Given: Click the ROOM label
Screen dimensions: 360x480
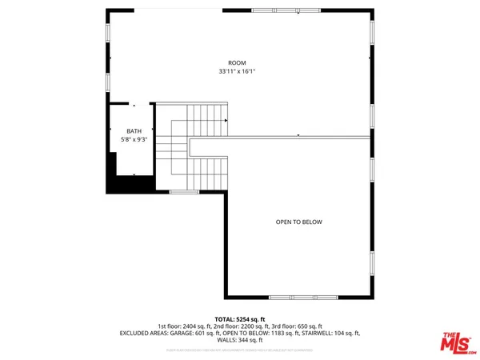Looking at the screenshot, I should coord(237,62).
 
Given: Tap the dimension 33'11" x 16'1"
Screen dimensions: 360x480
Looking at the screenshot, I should coord(237,71).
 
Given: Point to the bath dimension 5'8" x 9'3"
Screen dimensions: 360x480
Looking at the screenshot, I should coord(133,140).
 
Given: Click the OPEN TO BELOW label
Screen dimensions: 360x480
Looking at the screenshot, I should coord(298,222).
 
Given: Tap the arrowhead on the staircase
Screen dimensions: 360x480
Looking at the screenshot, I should coord(227,121).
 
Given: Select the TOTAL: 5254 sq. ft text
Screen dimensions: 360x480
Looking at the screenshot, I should coord(240,319).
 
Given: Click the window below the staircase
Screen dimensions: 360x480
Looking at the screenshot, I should coord(183,192).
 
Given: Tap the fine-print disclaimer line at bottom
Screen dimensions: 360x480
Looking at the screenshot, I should coord(240,350).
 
